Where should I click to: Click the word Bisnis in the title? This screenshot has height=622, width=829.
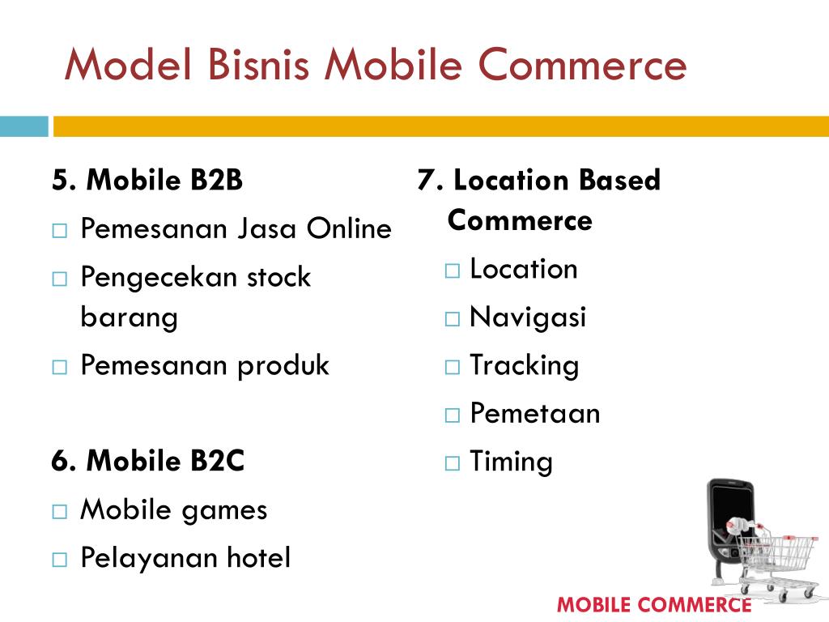(x=258, y=65)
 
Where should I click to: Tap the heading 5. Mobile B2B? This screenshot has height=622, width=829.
(x=147, y=179)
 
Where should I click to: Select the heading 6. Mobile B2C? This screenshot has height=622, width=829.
(x=147, y=460)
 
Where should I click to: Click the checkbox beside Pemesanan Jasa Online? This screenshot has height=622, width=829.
(x=60, y=231)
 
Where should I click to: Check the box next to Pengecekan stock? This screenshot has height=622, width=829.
(x=60, y=279)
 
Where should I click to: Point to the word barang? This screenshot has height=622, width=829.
(x=129, y=317)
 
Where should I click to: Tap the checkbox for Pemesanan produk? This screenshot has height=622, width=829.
(x=60, y=367)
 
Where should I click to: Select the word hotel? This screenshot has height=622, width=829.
(x=258, y=557)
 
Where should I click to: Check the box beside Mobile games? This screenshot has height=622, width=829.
(x=60, y=512)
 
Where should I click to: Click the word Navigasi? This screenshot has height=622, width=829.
(x=528, y=317)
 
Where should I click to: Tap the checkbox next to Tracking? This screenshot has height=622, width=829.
(x=453, y=367)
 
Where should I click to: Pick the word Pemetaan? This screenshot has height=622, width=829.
(x=535, y=413)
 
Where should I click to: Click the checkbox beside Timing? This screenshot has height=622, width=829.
(x=453, y=463)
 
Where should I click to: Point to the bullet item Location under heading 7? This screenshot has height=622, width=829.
(x=524, y=269)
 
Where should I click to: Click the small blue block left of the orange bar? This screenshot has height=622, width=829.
(x=23, y=126)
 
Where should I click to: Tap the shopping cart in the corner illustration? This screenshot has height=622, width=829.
(x=777, y=564)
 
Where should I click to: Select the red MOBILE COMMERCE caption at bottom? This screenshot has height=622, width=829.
(x=654, y=604)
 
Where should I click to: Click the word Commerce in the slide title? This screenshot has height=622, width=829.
(x=582, y=65)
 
